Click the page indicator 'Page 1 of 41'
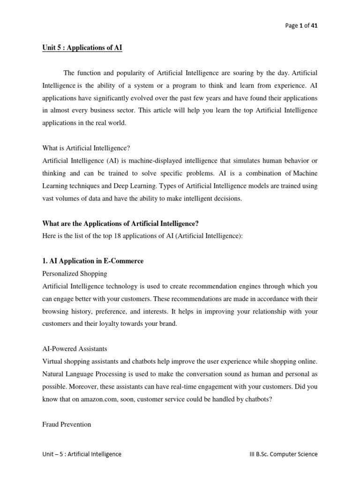[x=301, y=26]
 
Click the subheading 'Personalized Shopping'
[x=75, y=273]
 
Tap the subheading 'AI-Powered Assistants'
[x=75, y=349]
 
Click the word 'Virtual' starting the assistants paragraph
[x=52, y=361]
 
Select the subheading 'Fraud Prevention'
[x=67, y=424]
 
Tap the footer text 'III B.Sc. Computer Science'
[x=283, y=454]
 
